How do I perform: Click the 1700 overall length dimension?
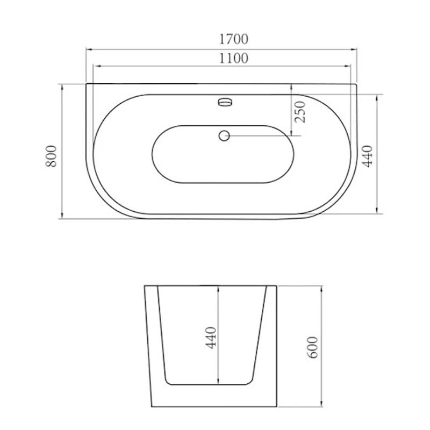tap(233, 39)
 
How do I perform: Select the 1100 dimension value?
tap(233, 58)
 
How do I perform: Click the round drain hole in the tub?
tap(224, 135)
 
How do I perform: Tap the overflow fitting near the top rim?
tap(225, 102)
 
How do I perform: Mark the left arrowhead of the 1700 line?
tap(89, 49)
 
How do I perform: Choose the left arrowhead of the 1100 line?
tap(96, 67)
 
